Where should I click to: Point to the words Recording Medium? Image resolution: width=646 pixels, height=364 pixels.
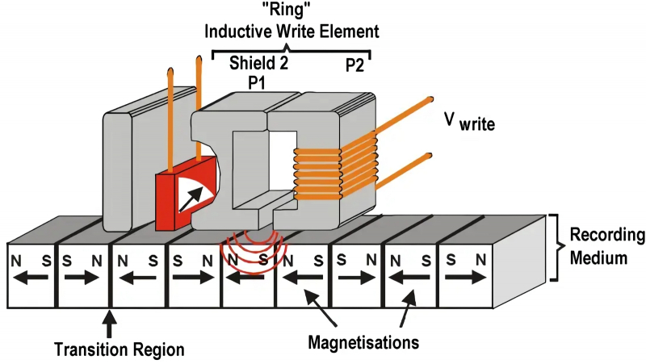click(x=606, y=248)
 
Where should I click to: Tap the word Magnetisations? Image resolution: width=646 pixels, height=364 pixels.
click(x=363, y=341)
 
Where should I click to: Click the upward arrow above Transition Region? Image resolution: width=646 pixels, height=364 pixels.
click(x=111, y=323)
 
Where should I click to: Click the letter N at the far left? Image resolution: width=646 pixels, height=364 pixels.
click(x=17, y=262)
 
